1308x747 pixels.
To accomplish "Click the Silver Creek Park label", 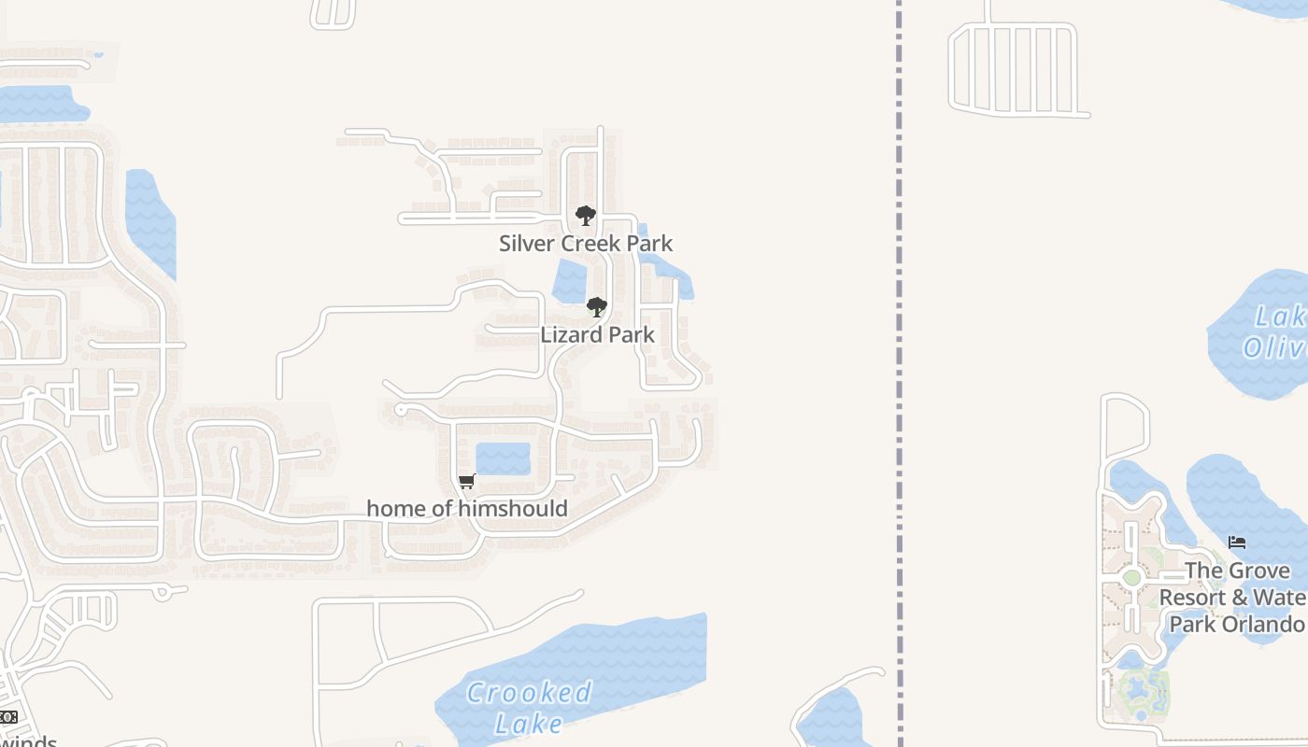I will pos(586,244).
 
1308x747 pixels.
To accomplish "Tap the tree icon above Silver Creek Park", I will pos(586,217).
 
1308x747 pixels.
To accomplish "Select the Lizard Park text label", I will pos(597,334).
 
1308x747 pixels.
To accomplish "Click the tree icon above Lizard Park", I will pos(596,307).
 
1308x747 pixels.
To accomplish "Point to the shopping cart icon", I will pos(467,482).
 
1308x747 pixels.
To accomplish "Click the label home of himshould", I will pos(467,509).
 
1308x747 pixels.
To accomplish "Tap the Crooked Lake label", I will pos(529,707).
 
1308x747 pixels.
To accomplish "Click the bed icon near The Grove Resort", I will pos(1237,543).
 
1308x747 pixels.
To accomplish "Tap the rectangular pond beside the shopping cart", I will pos(503,458).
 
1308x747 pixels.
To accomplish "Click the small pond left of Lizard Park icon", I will pos(569,281).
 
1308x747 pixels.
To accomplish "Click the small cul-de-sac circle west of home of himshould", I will pos(401,410).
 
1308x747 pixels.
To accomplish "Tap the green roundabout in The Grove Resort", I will pos(1131,577).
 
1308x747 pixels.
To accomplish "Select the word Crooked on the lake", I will pos(529,693).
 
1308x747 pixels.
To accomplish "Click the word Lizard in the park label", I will pos(565,334).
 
